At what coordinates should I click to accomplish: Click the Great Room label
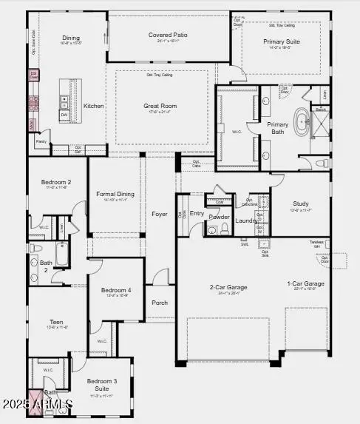coord(160,106)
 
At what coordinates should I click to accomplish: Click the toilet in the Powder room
coord(212,230)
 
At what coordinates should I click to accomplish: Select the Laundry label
coord(246,220)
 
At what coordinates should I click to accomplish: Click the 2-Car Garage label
coord(228,286)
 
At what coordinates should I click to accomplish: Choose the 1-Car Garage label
coord(306,283)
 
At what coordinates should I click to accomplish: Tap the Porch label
coord(160,302)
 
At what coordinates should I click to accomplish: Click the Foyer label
coord(160,214)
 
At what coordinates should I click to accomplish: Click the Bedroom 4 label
coord(116,290)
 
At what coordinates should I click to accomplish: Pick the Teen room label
coord(56,322)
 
